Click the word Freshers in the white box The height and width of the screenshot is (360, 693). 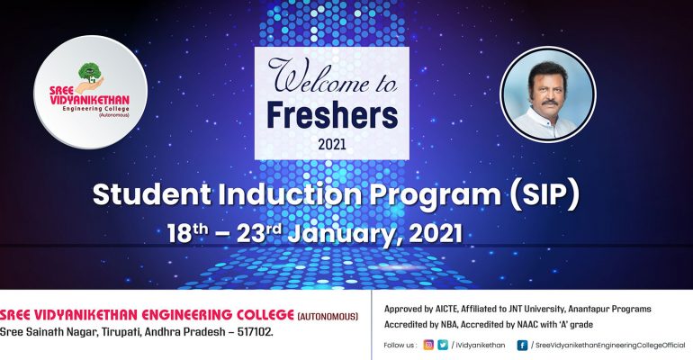(x=332, y=115)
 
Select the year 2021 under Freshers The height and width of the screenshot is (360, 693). (x=332, y=144)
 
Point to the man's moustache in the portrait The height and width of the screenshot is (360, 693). (x=549, y=102)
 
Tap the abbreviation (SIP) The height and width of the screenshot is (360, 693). (x=544, y=194)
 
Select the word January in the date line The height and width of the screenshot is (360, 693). (x=346, y=234)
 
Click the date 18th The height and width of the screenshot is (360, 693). (x=187, y=233)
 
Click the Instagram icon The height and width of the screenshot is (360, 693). (x=428, y=345)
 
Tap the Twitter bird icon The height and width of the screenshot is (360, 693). (x=443, y=345)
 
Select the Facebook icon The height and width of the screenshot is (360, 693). (x=522, y=345)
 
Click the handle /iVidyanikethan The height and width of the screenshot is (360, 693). (x=478, y=346)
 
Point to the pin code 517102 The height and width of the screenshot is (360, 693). (x=254, y=332)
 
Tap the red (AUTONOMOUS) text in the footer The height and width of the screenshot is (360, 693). (x=328, y=317)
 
